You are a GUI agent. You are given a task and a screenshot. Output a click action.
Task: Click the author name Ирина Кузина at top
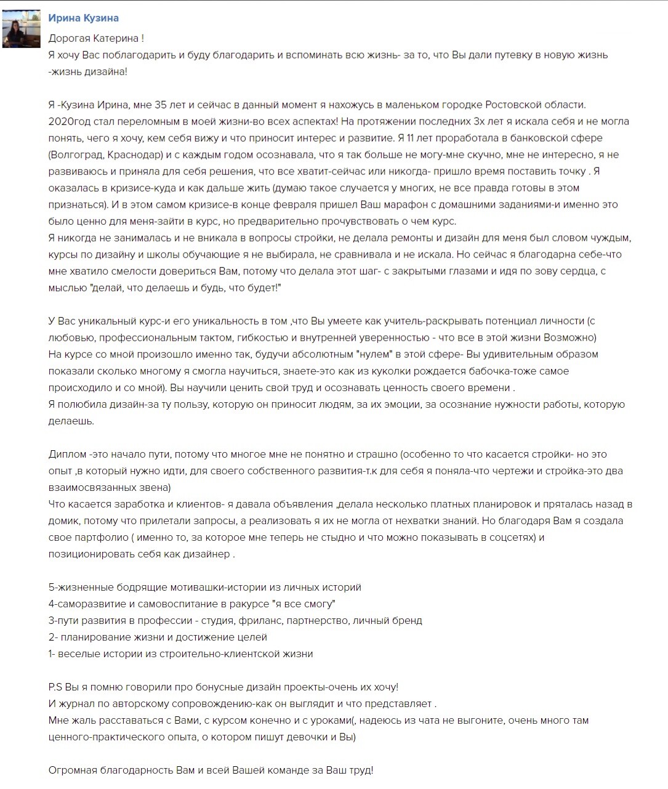click(x=83, y=18)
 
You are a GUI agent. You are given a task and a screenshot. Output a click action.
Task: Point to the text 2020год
click(x=70, y=121)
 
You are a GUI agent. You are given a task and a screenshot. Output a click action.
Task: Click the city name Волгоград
click(x=77, y=155)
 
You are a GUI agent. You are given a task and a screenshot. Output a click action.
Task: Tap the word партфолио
click(x=100, y=537)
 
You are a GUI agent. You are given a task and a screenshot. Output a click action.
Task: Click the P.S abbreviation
click(x=55, y=687)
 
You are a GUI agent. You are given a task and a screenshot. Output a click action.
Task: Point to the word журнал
click(x=78, y=703)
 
